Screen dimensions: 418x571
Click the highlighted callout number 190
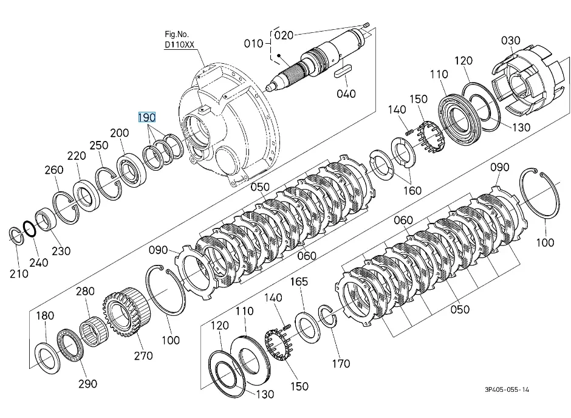tap(147, 117)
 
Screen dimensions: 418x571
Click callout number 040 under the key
tap(346, 94)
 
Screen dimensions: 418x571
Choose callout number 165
tap(299, 282)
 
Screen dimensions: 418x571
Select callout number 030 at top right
tap(511, 41)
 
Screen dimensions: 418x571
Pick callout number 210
tap(19, 273)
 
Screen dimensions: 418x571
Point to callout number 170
tap(341, 364)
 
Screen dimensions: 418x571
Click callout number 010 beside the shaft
tap(253, 44)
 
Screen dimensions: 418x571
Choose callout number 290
tap(87, 383)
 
